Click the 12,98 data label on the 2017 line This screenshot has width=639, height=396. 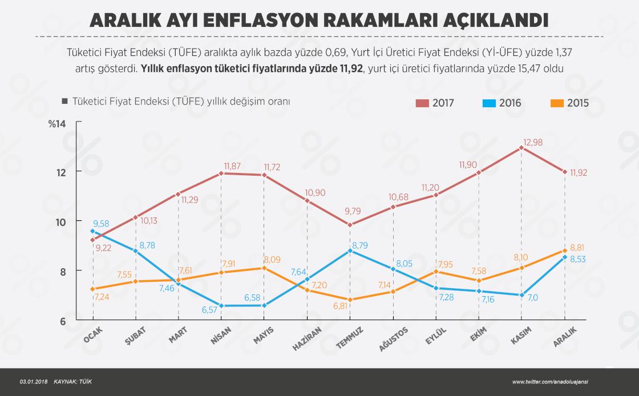[534, 142]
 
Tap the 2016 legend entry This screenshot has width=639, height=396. [502, 103]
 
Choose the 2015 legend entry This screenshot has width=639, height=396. [569, 103]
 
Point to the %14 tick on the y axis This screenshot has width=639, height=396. [58, 124]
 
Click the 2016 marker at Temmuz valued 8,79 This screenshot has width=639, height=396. [350, 250]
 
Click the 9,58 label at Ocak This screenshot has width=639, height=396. [100, 224]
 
